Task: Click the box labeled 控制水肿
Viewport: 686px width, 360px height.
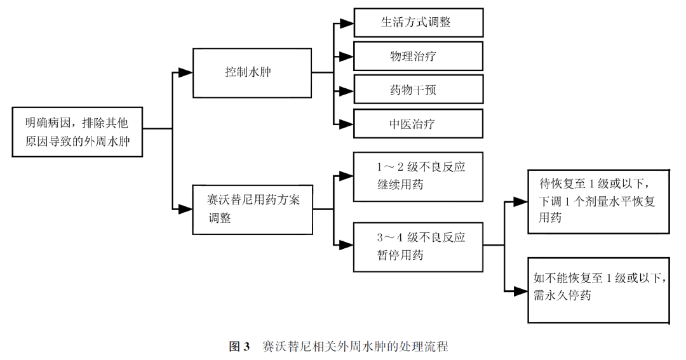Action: pyautogui.click(x=252, y=72)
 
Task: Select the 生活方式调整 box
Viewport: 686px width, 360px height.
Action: pyautogui.click(x=419, y=23)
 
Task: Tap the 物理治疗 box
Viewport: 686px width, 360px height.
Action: pyautogui.click(x=419, y=57)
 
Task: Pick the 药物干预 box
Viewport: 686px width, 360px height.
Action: pyautogui.click(x=419, y=90)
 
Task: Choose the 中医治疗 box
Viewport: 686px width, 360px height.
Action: pyautogui.click(x=419, y=124)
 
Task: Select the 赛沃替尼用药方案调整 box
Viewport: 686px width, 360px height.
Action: pyautogui.click(x=252, y=208)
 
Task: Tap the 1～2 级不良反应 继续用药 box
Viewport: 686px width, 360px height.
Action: pyautogui.click(x=419, y=176)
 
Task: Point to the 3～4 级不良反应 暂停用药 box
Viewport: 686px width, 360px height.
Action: pyautogui.click(x=419, y=246)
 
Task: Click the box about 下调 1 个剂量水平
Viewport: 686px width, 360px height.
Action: pyautogui.click(x=599, y=202)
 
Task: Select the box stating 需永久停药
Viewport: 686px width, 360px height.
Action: pyautogui.click(x=599, y=290)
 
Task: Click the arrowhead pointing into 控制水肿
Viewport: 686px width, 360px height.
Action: pyautogui.click(x=185, y=72)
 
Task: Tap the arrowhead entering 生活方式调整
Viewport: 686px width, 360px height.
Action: pyautogui.click(x=346, y=23)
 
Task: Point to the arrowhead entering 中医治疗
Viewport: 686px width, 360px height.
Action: pyautogui.click(x=346, y=124)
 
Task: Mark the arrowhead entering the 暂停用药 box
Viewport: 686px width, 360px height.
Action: pyautogui.click(x=346, y=244)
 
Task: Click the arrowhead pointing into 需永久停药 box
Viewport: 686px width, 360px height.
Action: pyautogui.click(x=521, y=290)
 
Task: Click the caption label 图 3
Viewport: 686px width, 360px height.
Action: pyautogui.click(x=240, y=347)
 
